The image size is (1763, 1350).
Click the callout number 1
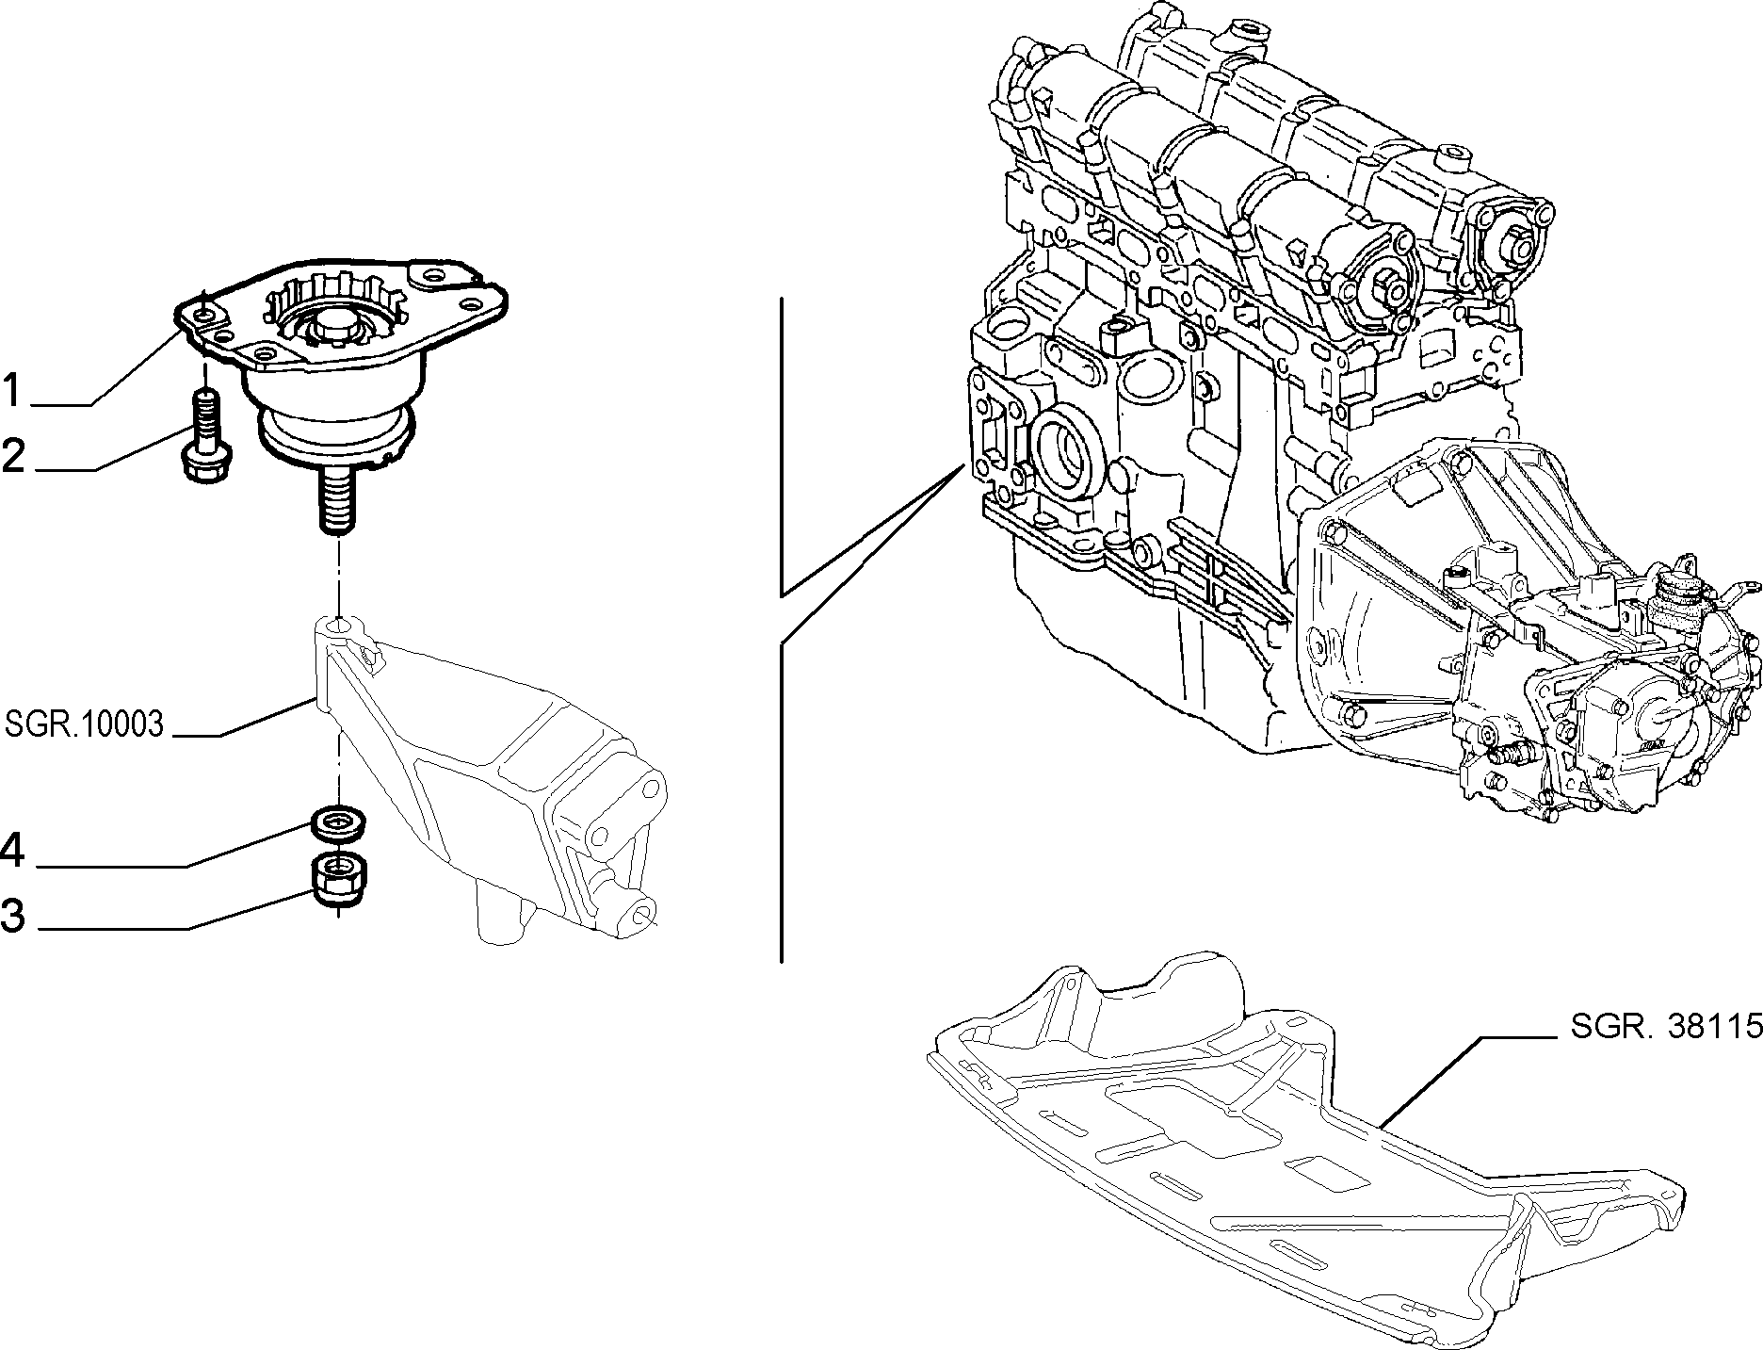coord(11,391)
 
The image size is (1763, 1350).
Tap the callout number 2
coord(13,456)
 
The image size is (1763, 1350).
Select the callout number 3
coord(13,914)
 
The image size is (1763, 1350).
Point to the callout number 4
coord(12,852)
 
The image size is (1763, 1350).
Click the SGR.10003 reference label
coord(85,724)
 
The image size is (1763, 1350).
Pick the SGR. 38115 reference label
coord(1666,1026)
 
